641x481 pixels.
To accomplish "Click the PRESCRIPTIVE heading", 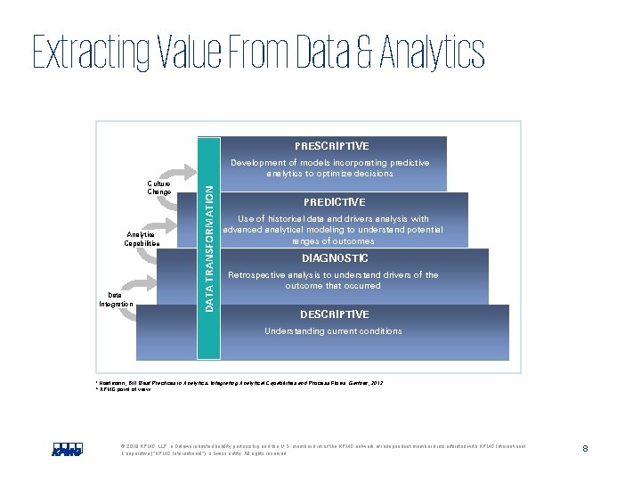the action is (x=331, y=146).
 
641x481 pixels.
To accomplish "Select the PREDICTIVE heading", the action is (x=334, y=202).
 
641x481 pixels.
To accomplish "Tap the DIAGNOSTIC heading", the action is (x=334, y=258).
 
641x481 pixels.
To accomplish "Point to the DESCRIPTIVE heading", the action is (x=334, y=314).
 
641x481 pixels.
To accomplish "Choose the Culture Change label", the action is (x=159, y=188).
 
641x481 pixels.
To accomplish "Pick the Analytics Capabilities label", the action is (x=142, y=239).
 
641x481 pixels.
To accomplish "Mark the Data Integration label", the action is (x=117, y=299).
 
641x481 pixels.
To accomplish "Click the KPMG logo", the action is (x=68, y=448).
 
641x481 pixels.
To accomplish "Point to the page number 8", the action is (x=585, y=448).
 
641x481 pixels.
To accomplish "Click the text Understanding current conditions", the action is (x=333, y=331).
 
